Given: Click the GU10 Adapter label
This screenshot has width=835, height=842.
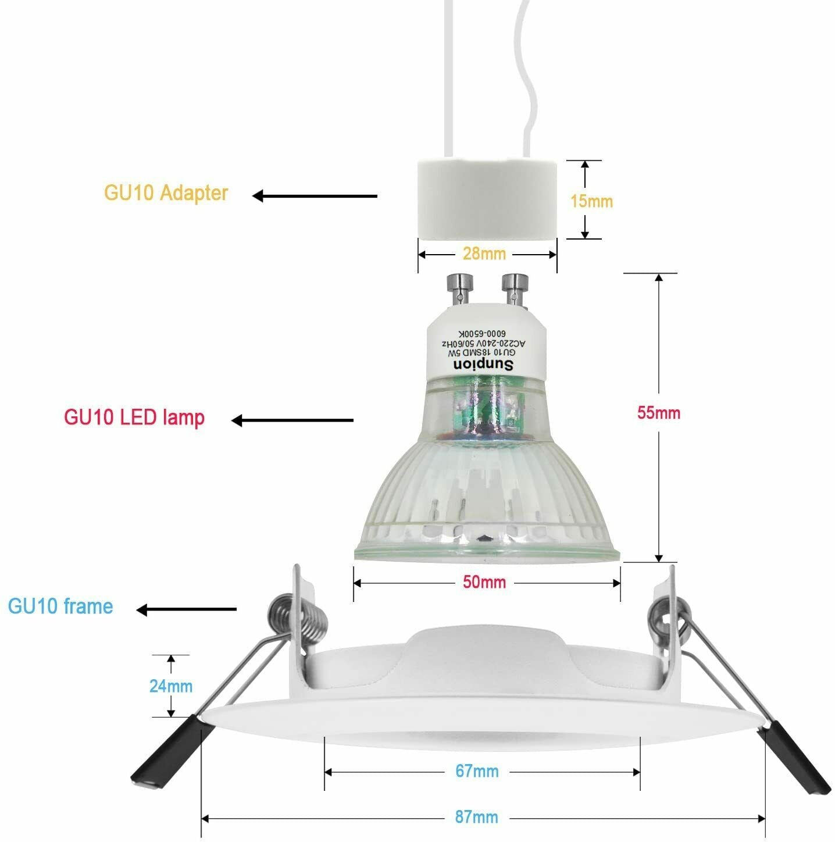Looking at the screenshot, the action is point(166,193).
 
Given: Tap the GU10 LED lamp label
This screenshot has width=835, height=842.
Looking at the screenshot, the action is point(134,418).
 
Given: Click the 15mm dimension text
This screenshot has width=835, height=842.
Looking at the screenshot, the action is point(591,201).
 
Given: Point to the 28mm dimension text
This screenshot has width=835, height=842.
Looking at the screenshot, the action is point(484,254).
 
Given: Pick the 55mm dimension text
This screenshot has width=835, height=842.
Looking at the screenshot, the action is point(658,412).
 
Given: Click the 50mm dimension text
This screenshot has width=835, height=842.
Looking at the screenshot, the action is point(484,582).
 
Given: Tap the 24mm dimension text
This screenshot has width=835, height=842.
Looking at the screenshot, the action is point(171,686).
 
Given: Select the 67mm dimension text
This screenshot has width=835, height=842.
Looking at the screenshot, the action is point(477,771).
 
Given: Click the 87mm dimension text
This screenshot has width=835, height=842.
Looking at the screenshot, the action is point(476,817).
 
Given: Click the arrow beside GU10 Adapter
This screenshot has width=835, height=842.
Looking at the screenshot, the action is point(315,196).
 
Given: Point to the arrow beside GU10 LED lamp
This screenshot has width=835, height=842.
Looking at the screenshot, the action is point(292,420).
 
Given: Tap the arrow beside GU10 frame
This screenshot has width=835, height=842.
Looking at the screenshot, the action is point(186,609).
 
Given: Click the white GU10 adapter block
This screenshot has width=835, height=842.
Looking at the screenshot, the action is point(487,199).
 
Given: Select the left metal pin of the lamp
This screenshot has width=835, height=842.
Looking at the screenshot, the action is point(459,288).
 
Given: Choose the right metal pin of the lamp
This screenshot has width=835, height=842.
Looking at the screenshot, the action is point(515,288).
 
